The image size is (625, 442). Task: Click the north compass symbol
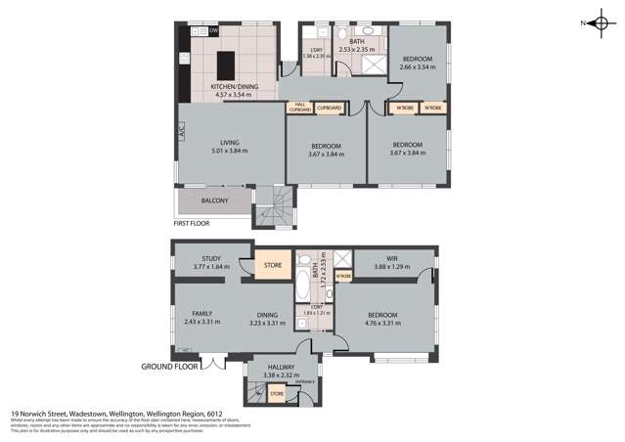(600, 22)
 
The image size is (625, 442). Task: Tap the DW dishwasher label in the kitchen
(213, 31)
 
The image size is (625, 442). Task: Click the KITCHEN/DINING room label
(235, 88)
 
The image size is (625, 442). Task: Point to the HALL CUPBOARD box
(300, 108)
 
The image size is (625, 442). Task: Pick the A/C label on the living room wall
(181, 128)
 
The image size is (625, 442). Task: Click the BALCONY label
(215, 200)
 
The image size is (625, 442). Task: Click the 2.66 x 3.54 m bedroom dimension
(418, 68)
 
